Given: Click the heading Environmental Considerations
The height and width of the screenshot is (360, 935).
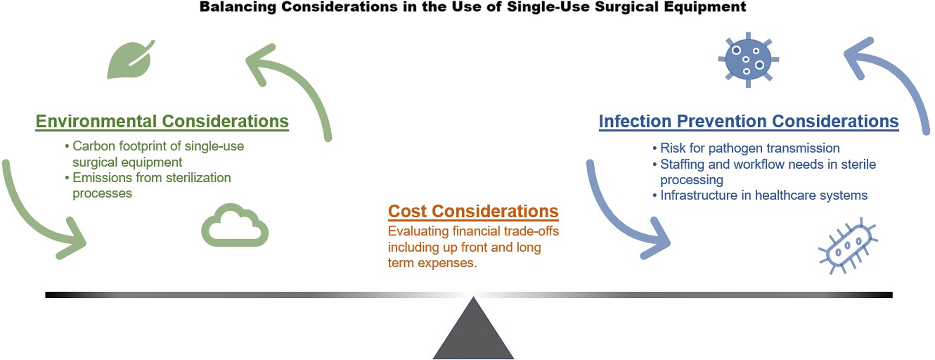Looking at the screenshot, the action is pyautogui.click(x=162, y=121).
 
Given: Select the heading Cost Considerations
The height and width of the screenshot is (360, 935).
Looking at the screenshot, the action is pyautogui.click(x=473, y=211).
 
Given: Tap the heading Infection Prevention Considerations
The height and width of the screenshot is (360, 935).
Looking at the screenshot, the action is pyautogui.click(x=749, y=121).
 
